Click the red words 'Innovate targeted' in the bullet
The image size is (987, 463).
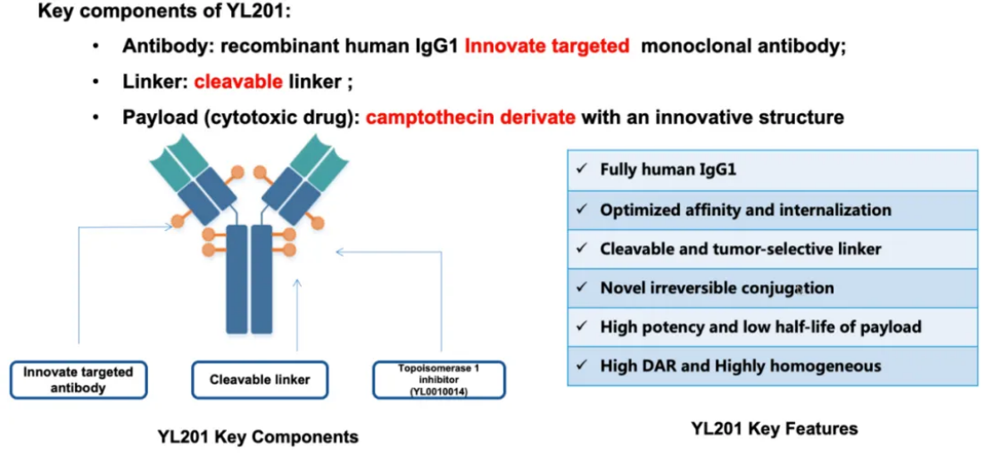click(x=546, y=46)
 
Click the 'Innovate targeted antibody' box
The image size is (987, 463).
click(x=78, y=379)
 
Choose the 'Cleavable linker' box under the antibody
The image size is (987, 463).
click(x=260, y=379)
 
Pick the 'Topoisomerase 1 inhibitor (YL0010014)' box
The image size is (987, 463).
click(x=439, y=379)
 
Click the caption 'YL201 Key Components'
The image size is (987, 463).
click(x=258, y=436)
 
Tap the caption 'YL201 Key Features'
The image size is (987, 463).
click(x=774, y=429)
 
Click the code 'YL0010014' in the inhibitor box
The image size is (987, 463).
click(x=439, y=391)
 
